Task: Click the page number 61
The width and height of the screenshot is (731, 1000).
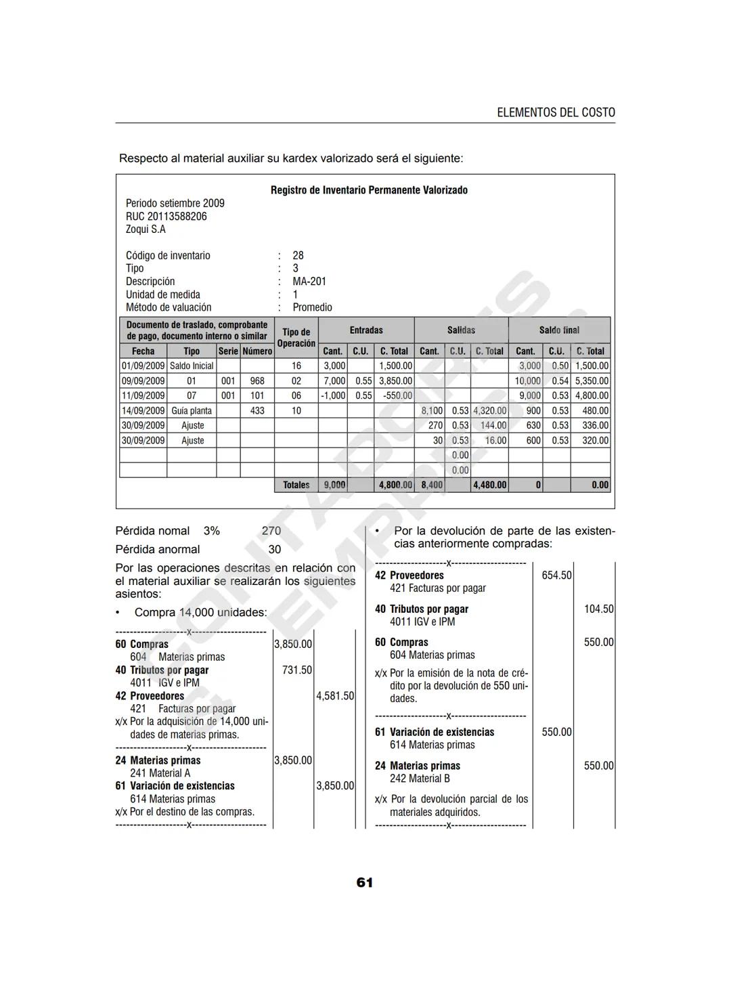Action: (364, 882)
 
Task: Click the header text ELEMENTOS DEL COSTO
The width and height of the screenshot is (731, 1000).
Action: (556, 112)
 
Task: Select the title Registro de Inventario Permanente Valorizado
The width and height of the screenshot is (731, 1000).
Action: (369, 190)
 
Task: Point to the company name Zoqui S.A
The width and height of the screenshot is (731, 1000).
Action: (146, 230)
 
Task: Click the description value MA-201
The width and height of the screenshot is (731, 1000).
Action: (309, 282)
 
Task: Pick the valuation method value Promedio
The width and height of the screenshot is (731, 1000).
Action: (312, 307)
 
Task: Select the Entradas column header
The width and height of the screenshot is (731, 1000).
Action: (366, 330)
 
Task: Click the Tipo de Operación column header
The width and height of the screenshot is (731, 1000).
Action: (296, 337)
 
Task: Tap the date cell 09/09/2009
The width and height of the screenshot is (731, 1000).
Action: (143, 381)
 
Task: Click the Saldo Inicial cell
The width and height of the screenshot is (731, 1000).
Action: (192, 366)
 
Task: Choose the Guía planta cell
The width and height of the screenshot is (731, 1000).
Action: (192, 411)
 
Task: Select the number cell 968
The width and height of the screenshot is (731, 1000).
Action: (257, 381)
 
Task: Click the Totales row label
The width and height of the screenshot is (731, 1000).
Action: (296, 485)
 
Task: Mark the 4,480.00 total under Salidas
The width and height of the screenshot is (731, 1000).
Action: (490, 485)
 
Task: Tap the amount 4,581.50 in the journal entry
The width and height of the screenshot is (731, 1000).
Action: (335, 696)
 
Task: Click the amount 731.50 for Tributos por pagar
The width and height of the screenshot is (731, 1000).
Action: (296, 670)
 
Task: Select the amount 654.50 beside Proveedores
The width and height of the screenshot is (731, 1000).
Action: (556, 575)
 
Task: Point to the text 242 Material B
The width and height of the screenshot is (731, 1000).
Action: (420, 779)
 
